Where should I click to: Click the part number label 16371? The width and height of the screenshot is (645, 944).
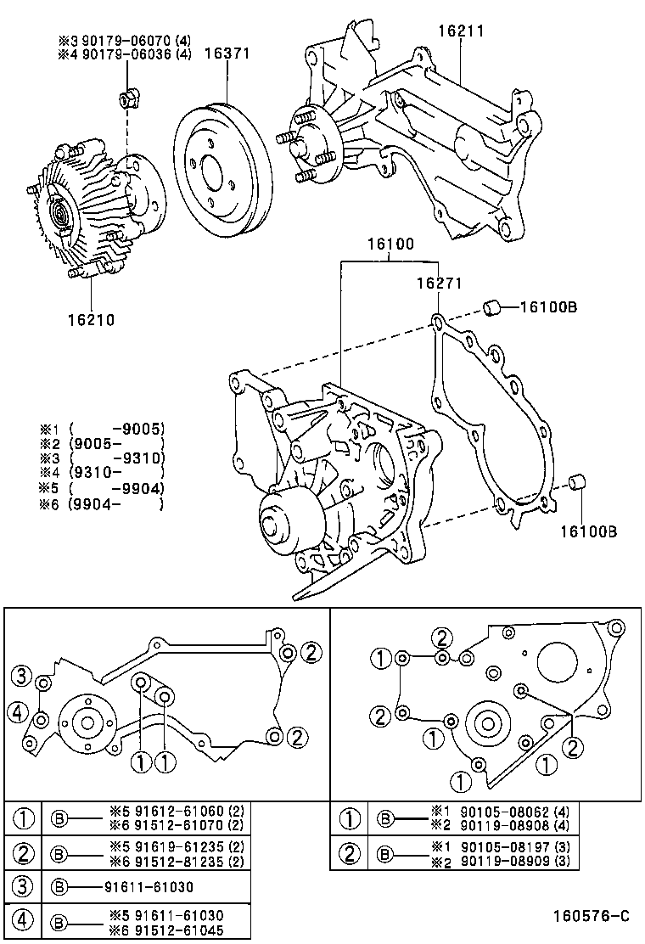[x=227, y=53]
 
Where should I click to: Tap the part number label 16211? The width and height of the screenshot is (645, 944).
[x=461, y=31]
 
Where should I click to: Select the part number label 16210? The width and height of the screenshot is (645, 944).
[x=91, y=320]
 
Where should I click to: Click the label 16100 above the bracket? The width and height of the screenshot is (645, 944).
[x=390, y=244]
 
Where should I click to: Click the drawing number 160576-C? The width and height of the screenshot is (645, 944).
[x=592, y=916]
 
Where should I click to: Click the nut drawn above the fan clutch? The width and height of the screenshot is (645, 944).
[x=126, y=100]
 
